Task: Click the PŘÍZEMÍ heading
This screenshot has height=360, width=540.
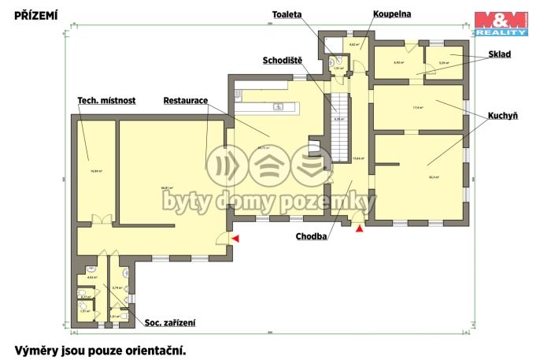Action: coord(35,13)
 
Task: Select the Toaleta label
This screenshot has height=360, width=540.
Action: coord(287,14)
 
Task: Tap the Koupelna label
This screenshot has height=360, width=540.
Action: coord(393,13)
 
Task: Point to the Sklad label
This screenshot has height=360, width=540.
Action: coord(498,54)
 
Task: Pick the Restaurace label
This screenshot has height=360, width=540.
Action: coord(185,101)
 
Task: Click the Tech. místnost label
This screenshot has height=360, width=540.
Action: coord(107,101)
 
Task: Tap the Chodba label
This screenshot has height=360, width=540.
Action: coord(312,235)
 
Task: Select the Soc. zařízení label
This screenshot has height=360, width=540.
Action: coord(170,322)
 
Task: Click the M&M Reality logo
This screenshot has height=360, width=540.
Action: coord(501,24)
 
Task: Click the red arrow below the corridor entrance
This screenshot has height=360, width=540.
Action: coord(360,228)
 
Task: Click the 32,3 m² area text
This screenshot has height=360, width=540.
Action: coord(434,177)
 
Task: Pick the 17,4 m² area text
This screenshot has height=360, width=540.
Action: coord(418,107)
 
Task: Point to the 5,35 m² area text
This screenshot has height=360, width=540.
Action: coord(444,63)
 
